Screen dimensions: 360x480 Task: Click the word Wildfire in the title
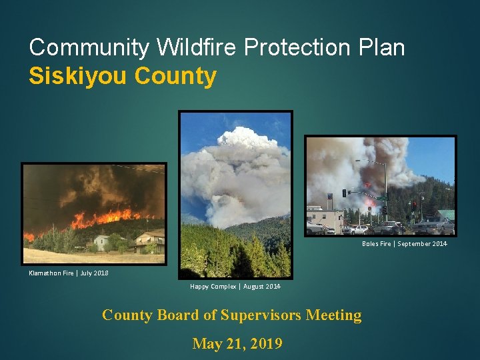click(x=198, y=47)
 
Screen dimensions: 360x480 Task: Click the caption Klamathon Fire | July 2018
click(x=68, y=273)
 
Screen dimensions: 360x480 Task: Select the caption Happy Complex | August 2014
click(x=235, y=287)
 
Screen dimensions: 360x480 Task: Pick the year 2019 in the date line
click(x=265, y=344)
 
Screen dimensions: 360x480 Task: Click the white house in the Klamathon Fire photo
click(x=103, y=241)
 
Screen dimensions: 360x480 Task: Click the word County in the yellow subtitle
click(x=175, y=76)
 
